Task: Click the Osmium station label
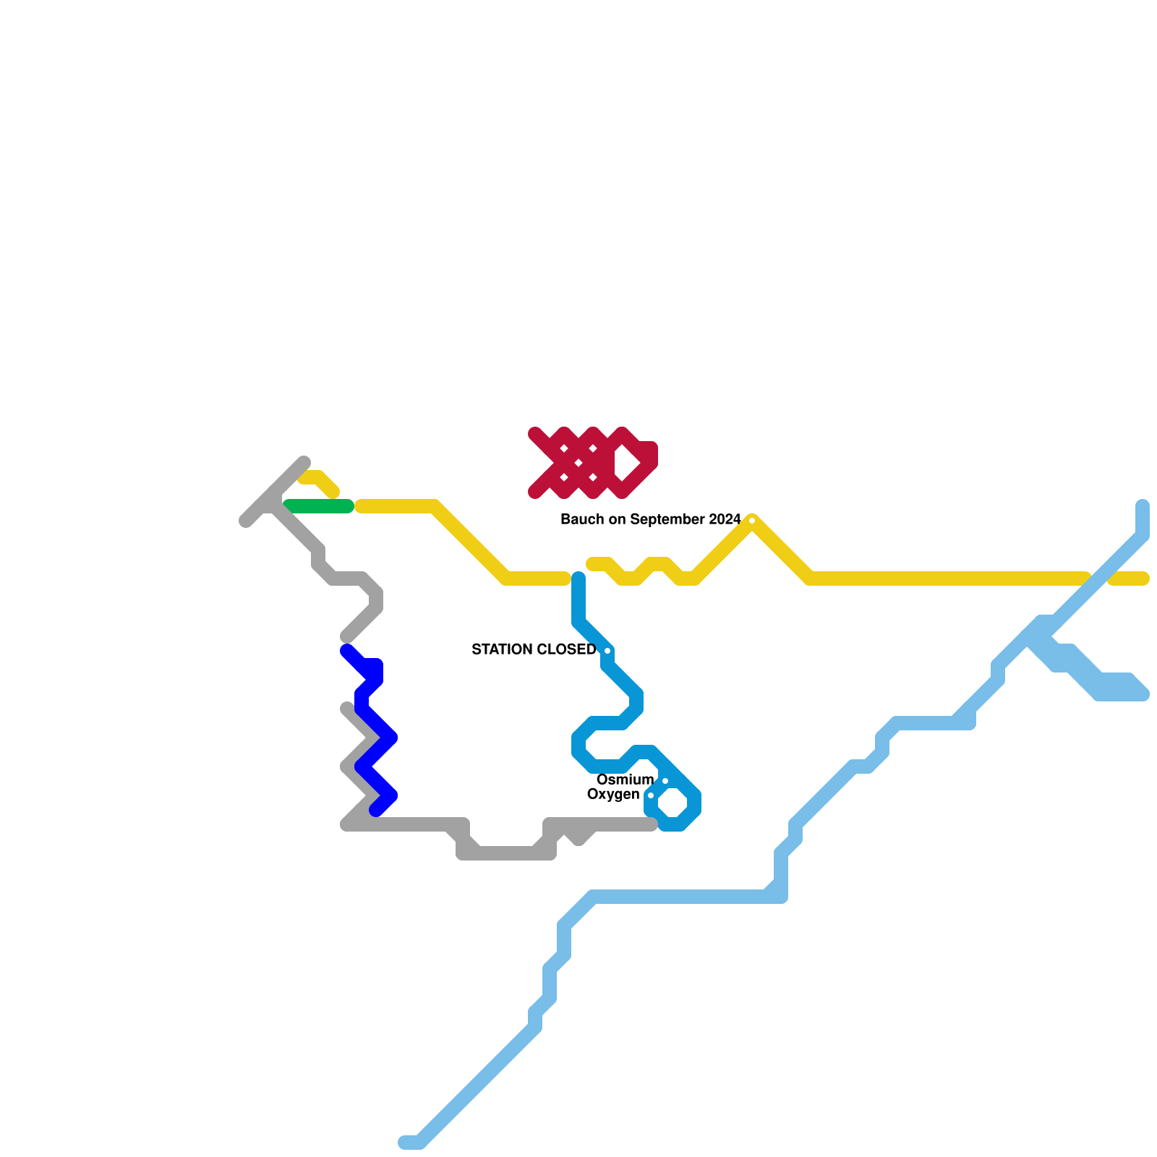pyautogui.click(x=625, y=780)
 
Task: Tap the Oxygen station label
pyautogui.click(x=613, y=794)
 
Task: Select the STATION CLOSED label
pyautogui.click(x=534, y=649)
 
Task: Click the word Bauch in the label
pyautogui.click(x=580, y=519)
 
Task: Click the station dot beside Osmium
pyautogui.click(x=665, y=781)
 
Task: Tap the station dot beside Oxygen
pyautogui.click(x=651, y=795)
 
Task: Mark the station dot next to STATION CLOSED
pyautogui.click(x=607, y=651)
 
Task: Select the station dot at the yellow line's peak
pyautogui.click(x=752, y=521)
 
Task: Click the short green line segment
pyautogui.click(x=318, y=506)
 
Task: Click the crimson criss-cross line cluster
pyautogui.click(x=578, y=463)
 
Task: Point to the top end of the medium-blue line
pyautogui.click(x=578, y=577)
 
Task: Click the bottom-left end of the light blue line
pyautogui.click(x=405, y=1143)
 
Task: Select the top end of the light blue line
pyautogui.click(x=1143, y=505)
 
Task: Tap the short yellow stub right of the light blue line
pyautogui.click(x=1128, y=578)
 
